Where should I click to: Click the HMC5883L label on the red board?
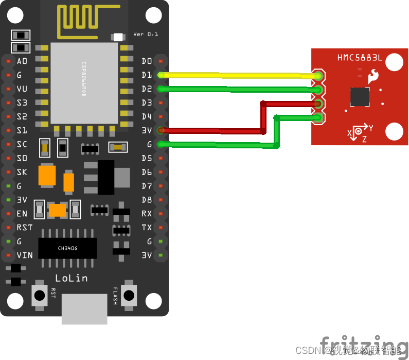[360, 58]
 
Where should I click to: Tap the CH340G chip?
[67, 248]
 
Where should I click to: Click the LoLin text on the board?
[72, 278]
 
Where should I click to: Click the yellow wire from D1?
[237, 75]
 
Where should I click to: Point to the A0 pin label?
[22, 61]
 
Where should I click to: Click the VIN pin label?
[25, 255]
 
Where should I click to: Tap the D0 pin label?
[147, 61]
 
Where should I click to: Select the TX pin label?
[147, 227]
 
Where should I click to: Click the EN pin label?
[22, 213]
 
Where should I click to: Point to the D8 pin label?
[147, 199]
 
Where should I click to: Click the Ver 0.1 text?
[146, 34]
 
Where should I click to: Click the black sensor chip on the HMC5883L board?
[360, 96]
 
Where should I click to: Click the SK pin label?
[22, 172]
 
